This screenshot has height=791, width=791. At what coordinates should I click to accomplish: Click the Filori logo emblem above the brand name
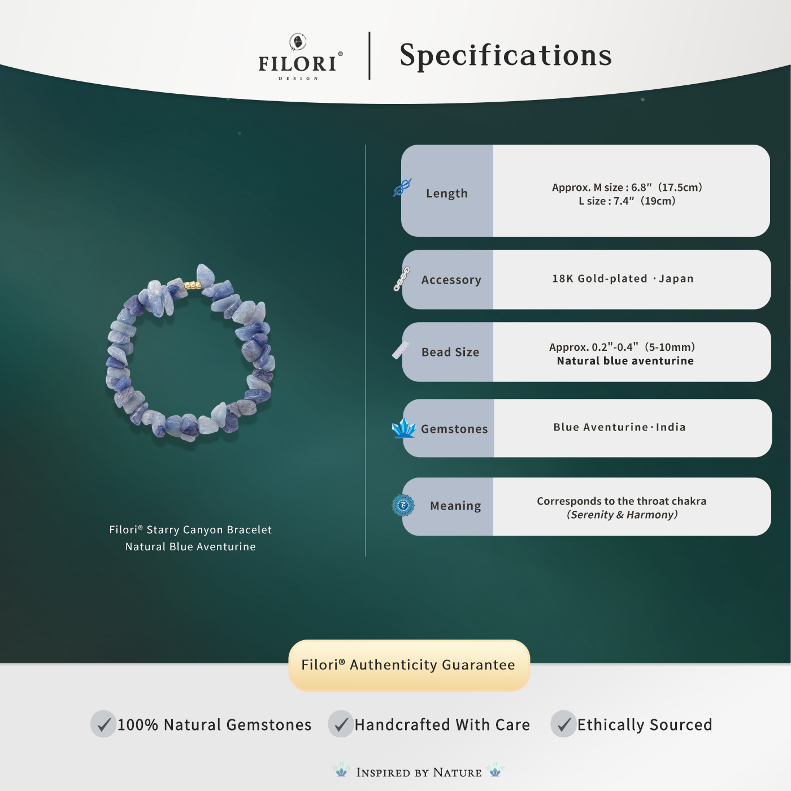tap(298, 42)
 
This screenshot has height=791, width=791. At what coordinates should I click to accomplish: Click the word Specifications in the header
tap(506, 55)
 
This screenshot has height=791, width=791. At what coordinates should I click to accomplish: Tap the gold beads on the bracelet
tap(192, 285)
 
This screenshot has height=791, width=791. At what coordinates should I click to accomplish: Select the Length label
tap(447, 193)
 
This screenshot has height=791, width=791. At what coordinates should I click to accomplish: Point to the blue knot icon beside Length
tap(402, 187)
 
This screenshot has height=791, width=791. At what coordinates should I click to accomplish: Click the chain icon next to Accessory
tap(402, 279)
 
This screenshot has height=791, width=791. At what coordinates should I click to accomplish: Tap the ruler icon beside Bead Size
tap(401, 350)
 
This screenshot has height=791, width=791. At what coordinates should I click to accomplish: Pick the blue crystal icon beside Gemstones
tap(403, 428)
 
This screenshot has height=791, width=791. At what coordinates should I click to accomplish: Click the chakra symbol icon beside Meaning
tap(403, 505)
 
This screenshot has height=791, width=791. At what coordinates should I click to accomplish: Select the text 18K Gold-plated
tap(599, 279)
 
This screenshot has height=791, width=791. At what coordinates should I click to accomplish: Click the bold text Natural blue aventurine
tap(625, 361)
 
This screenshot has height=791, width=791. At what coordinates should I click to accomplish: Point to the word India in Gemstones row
tap(671, 427)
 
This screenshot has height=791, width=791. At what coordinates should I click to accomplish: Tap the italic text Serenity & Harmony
tap(622, 515)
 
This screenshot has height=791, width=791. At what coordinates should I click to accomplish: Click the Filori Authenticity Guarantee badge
tap(408, 665)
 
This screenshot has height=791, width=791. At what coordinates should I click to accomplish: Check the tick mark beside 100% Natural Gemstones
tap(103, 724)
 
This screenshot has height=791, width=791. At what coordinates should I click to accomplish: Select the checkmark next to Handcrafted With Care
tap(341, 724)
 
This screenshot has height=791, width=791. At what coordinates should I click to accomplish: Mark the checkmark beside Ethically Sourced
tap(563, 724)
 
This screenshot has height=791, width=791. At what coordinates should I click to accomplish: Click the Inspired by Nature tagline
tap(419, 772)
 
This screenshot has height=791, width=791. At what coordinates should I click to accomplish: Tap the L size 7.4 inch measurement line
tap(627, 201)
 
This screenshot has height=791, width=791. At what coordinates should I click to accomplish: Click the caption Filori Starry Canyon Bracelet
tap(190, 530)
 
